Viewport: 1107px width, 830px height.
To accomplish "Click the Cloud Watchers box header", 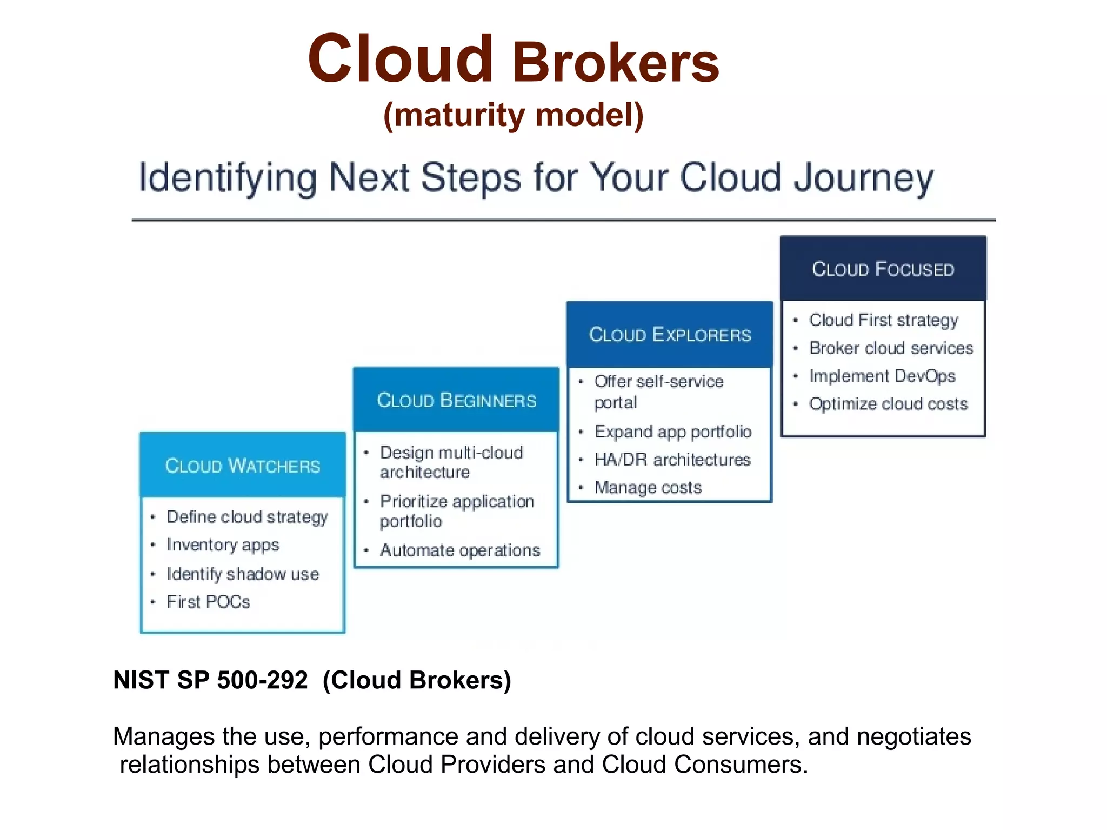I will click(x=243, y=466).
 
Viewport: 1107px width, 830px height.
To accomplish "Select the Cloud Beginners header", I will click(x=456, y=400).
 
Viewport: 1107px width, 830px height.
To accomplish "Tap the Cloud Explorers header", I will click(x=670, y=335).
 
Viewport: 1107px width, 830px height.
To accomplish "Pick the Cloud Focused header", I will click(x=883, y=269).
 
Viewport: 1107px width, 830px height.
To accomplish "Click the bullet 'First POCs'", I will click(x=208, y=602).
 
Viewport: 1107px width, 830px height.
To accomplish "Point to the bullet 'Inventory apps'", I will click(x=223, y=545).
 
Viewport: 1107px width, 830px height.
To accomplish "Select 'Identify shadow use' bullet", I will click(x=243, y=574).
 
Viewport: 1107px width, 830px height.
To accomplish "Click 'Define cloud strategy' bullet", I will click(x=247, y=517).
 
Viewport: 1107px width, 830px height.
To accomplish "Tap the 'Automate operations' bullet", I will click(x=459, y=550).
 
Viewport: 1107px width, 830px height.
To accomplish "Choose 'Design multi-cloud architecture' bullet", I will click(x=451, y=462).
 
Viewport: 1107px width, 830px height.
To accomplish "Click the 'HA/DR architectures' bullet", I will click(x=672, y=460).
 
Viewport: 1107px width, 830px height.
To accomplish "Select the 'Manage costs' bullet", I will click(x=648, y=488).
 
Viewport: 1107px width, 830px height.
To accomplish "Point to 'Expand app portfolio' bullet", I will click(x=673, y=431).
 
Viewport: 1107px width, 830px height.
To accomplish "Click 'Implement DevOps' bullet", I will click(x=882, y=376).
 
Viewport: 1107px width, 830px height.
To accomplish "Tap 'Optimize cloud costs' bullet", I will click(x=888, y=404).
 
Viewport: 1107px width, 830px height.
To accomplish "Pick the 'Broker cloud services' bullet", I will click(x=891, y=348).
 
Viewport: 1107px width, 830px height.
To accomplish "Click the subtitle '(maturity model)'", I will click(x=513, y=115).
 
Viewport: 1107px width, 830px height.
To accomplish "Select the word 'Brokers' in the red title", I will click(x=615, y=63).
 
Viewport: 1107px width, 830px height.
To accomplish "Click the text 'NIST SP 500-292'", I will click(x=210, y=680).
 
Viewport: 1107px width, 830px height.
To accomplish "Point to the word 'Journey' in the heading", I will click(x=863, y=178).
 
